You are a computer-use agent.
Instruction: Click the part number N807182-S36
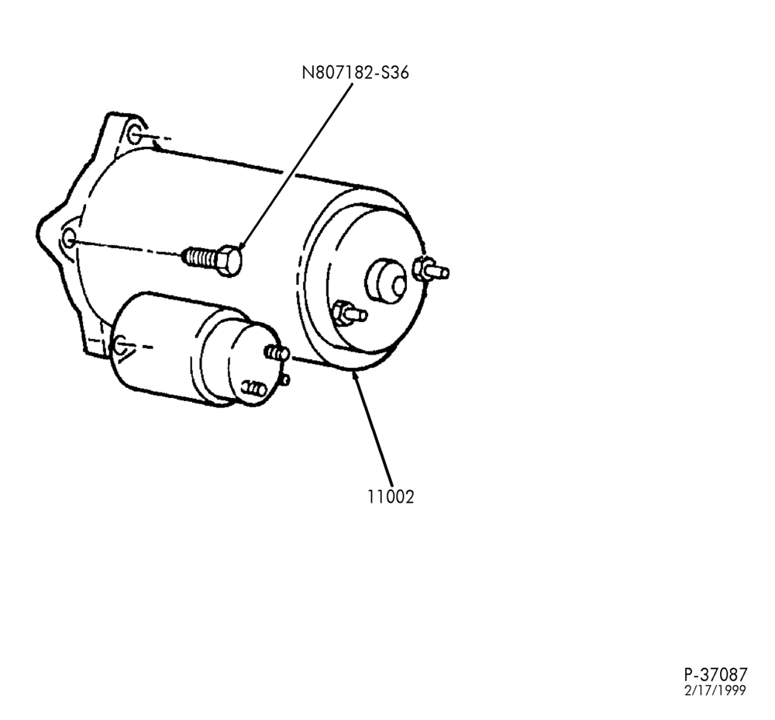point(356,73)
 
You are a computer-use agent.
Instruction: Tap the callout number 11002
point(390,497)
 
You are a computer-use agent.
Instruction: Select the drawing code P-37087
point(715,674)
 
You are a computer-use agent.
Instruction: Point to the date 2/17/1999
point(715,691)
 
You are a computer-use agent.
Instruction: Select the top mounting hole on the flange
point(134,134)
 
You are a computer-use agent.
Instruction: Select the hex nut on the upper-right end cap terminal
point(421,268)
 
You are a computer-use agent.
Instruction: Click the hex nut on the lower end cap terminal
point(340,313)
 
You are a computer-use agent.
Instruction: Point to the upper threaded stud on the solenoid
point(277,352)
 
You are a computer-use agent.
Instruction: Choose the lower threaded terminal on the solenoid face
point(255,388)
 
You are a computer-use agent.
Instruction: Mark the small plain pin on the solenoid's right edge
point(285,380)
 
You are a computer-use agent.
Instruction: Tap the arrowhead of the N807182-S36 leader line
point(242,246)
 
